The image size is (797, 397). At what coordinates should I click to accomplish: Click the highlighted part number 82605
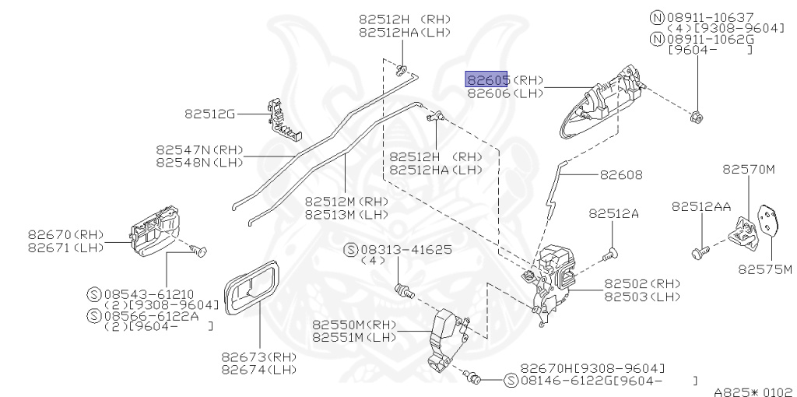(x=487, y=79)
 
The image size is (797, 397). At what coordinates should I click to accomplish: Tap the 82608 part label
(x=621, y=175)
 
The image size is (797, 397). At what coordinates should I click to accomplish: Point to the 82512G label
(x=209, y=114)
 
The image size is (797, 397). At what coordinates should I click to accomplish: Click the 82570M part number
(x=749, y=168)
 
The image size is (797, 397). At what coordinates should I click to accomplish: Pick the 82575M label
(x=764, y=269)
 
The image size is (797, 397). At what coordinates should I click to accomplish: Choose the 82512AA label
(x=701, y=206)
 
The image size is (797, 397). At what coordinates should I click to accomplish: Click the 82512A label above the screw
(x=613, y=213)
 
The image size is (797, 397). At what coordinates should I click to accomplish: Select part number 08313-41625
(x=405, y=250)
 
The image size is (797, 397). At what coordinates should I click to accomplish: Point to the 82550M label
(x=342, y=325)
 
